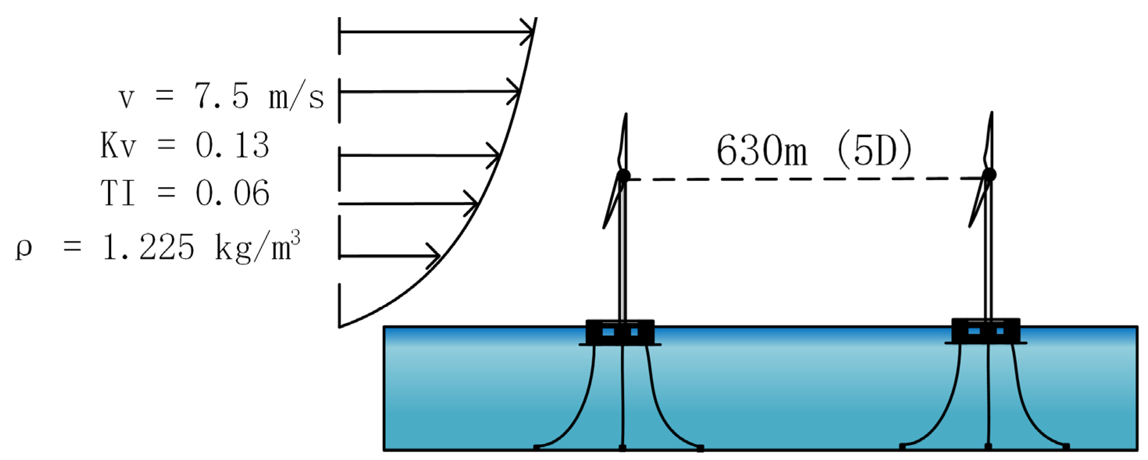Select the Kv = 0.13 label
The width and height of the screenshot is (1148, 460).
(185, 145)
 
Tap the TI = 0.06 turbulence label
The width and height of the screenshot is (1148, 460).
(185, 193)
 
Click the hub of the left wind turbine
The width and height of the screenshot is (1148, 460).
(624, 175)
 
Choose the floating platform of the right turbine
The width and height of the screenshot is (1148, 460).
(986, 331)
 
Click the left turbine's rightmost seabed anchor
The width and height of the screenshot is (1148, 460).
(700, 448)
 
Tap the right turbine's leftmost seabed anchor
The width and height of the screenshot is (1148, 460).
(903, 446)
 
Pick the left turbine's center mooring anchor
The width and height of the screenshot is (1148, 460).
(622, 447)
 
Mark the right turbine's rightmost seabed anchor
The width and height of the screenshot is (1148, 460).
(1066, 446)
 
